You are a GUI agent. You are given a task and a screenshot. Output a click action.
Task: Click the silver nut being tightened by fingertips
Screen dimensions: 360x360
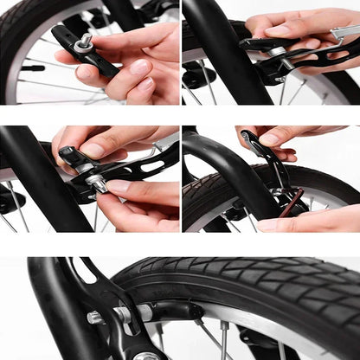point(97,183)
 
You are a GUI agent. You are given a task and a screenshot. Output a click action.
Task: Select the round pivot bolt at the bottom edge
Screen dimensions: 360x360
point(147,356)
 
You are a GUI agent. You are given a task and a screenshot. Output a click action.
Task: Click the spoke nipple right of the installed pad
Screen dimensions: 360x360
point(223,326)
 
